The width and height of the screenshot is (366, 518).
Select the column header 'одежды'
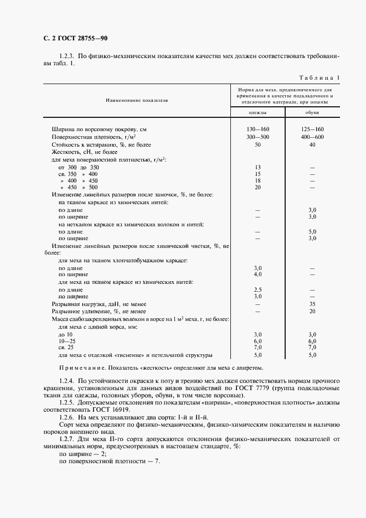click(257, 112)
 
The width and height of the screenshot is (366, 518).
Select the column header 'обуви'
click(312, 112)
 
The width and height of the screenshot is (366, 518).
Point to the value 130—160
click(257, 129)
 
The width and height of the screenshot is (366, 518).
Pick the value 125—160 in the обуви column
click(312, 129)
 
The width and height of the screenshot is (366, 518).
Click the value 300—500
click(257, 136)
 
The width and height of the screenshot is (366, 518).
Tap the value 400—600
click(312, 136)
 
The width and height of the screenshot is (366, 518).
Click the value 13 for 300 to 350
click(257, 167)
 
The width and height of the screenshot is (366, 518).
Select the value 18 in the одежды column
click(257, 180)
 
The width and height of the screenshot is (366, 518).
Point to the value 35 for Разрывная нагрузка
click(312, 304)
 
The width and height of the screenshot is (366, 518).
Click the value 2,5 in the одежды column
click(257, 289)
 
